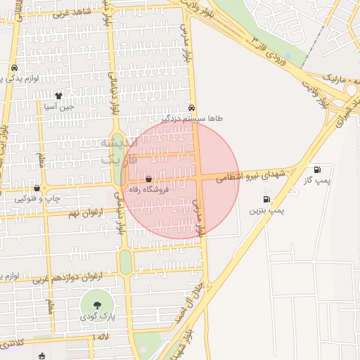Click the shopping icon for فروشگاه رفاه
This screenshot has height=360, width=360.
tap(148, 179)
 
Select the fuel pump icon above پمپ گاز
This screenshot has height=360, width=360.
tap(318, 169)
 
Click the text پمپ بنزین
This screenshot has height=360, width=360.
tap(266, 210)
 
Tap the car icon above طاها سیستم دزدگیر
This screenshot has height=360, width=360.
tap(192, 108)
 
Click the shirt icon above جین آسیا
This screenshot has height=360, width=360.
tap(59, 96)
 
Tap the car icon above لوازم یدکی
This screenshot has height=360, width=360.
tap(13, 68)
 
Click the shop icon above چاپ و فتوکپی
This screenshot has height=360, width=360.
tap(37, 188)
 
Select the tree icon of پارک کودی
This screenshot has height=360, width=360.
tap(96, 305)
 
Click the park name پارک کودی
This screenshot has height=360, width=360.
tap(96, 316)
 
